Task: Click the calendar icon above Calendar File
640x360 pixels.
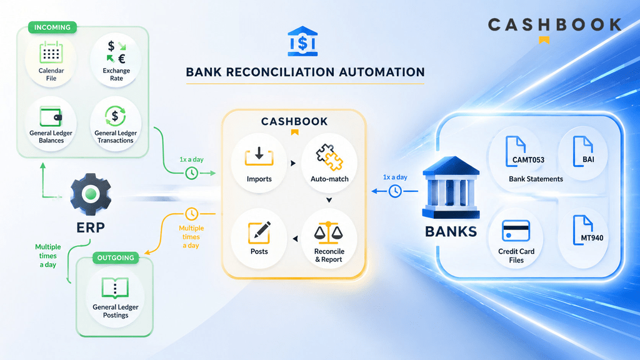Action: [x=51, y=52]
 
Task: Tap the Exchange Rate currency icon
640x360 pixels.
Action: [x=116, y=52]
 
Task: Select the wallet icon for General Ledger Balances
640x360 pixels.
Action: [x=51, y=116]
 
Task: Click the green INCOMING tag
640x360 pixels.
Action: [x=52, y=27]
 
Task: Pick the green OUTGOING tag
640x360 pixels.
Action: [x=116, y=258]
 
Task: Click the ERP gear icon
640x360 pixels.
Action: [x=91, y=194]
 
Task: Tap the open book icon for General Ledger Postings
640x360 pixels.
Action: [x=115, y=288]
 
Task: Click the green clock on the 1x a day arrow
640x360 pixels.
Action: [x=191, y=173]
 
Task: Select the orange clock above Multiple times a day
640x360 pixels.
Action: [x=191, y=214]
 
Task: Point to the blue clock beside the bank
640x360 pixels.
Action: [x=395, y=191]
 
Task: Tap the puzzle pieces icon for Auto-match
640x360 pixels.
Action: [x=329, y=157]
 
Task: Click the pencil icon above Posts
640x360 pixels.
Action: [x=259, y=232]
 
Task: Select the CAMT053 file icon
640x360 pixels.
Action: [x=516, y=151]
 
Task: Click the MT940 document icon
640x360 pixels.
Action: [x=583, y=230]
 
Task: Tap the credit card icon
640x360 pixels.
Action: [x=516, y=231]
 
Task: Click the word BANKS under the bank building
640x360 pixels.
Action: [x=451, y=231]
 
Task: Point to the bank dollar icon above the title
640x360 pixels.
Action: [x=302, y=41]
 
